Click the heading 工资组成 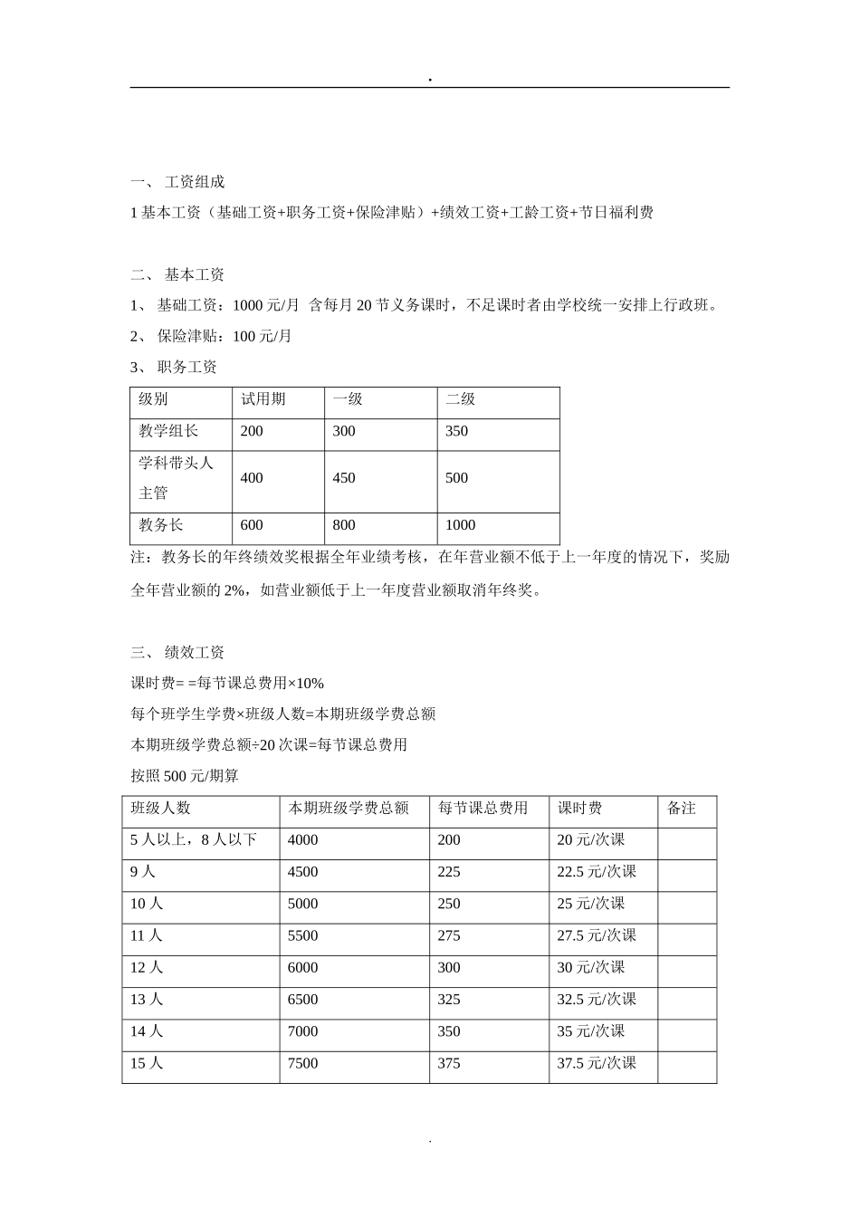point(194,182)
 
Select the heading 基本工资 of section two point(194,274)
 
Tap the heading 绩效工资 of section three point(194,652)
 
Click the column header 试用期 point(263,399)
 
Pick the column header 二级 point(460,399)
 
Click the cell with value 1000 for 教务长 point(460,525)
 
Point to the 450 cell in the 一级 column point(344,478)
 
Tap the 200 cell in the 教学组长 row point(252,431)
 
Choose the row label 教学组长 point(168,431)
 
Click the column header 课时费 point(580,808)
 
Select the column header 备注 point(682,808)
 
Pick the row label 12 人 point(146,968)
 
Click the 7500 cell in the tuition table point(302,1064)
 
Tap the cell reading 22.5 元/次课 point(597,872)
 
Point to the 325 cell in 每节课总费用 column point(449,1000)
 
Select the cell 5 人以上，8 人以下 point(194,840)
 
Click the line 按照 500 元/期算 point(185,776)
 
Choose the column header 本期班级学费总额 point(348,808)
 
